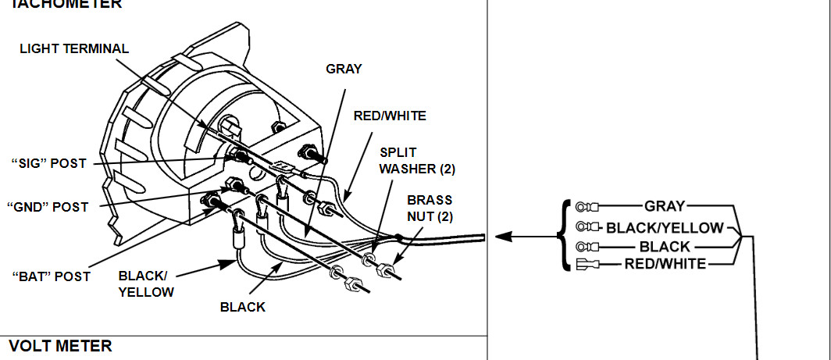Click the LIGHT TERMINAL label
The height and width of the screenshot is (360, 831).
click(74, 48)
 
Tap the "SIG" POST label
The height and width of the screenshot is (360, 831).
click(48, 164)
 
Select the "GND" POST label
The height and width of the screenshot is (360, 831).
click(48, 207)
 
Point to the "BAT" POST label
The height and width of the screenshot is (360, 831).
click(51, 276)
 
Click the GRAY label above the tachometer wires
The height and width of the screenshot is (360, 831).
click(344, 69)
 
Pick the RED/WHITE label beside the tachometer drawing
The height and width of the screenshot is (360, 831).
click(390, 116)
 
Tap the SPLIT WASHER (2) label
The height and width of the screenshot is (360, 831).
click(417, 161)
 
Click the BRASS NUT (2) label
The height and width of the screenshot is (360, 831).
click(430, 209)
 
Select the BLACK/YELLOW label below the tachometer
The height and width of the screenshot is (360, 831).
click(146, 283)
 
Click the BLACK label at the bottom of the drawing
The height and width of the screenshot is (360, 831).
click(243, 307)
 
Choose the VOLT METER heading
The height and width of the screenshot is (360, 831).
click(60, 346)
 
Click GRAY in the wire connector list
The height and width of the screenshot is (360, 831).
click(665, 205)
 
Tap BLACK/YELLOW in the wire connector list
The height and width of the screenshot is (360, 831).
click(665, 228)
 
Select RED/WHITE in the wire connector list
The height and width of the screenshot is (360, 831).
click(665, 263)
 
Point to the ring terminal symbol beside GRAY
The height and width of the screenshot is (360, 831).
click(587, 205)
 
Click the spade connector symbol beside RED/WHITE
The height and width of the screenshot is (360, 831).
click(587, 263)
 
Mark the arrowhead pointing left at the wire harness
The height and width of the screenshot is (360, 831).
click(504, 237)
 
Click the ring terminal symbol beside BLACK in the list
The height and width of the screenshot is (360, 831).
click(587, 247)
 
